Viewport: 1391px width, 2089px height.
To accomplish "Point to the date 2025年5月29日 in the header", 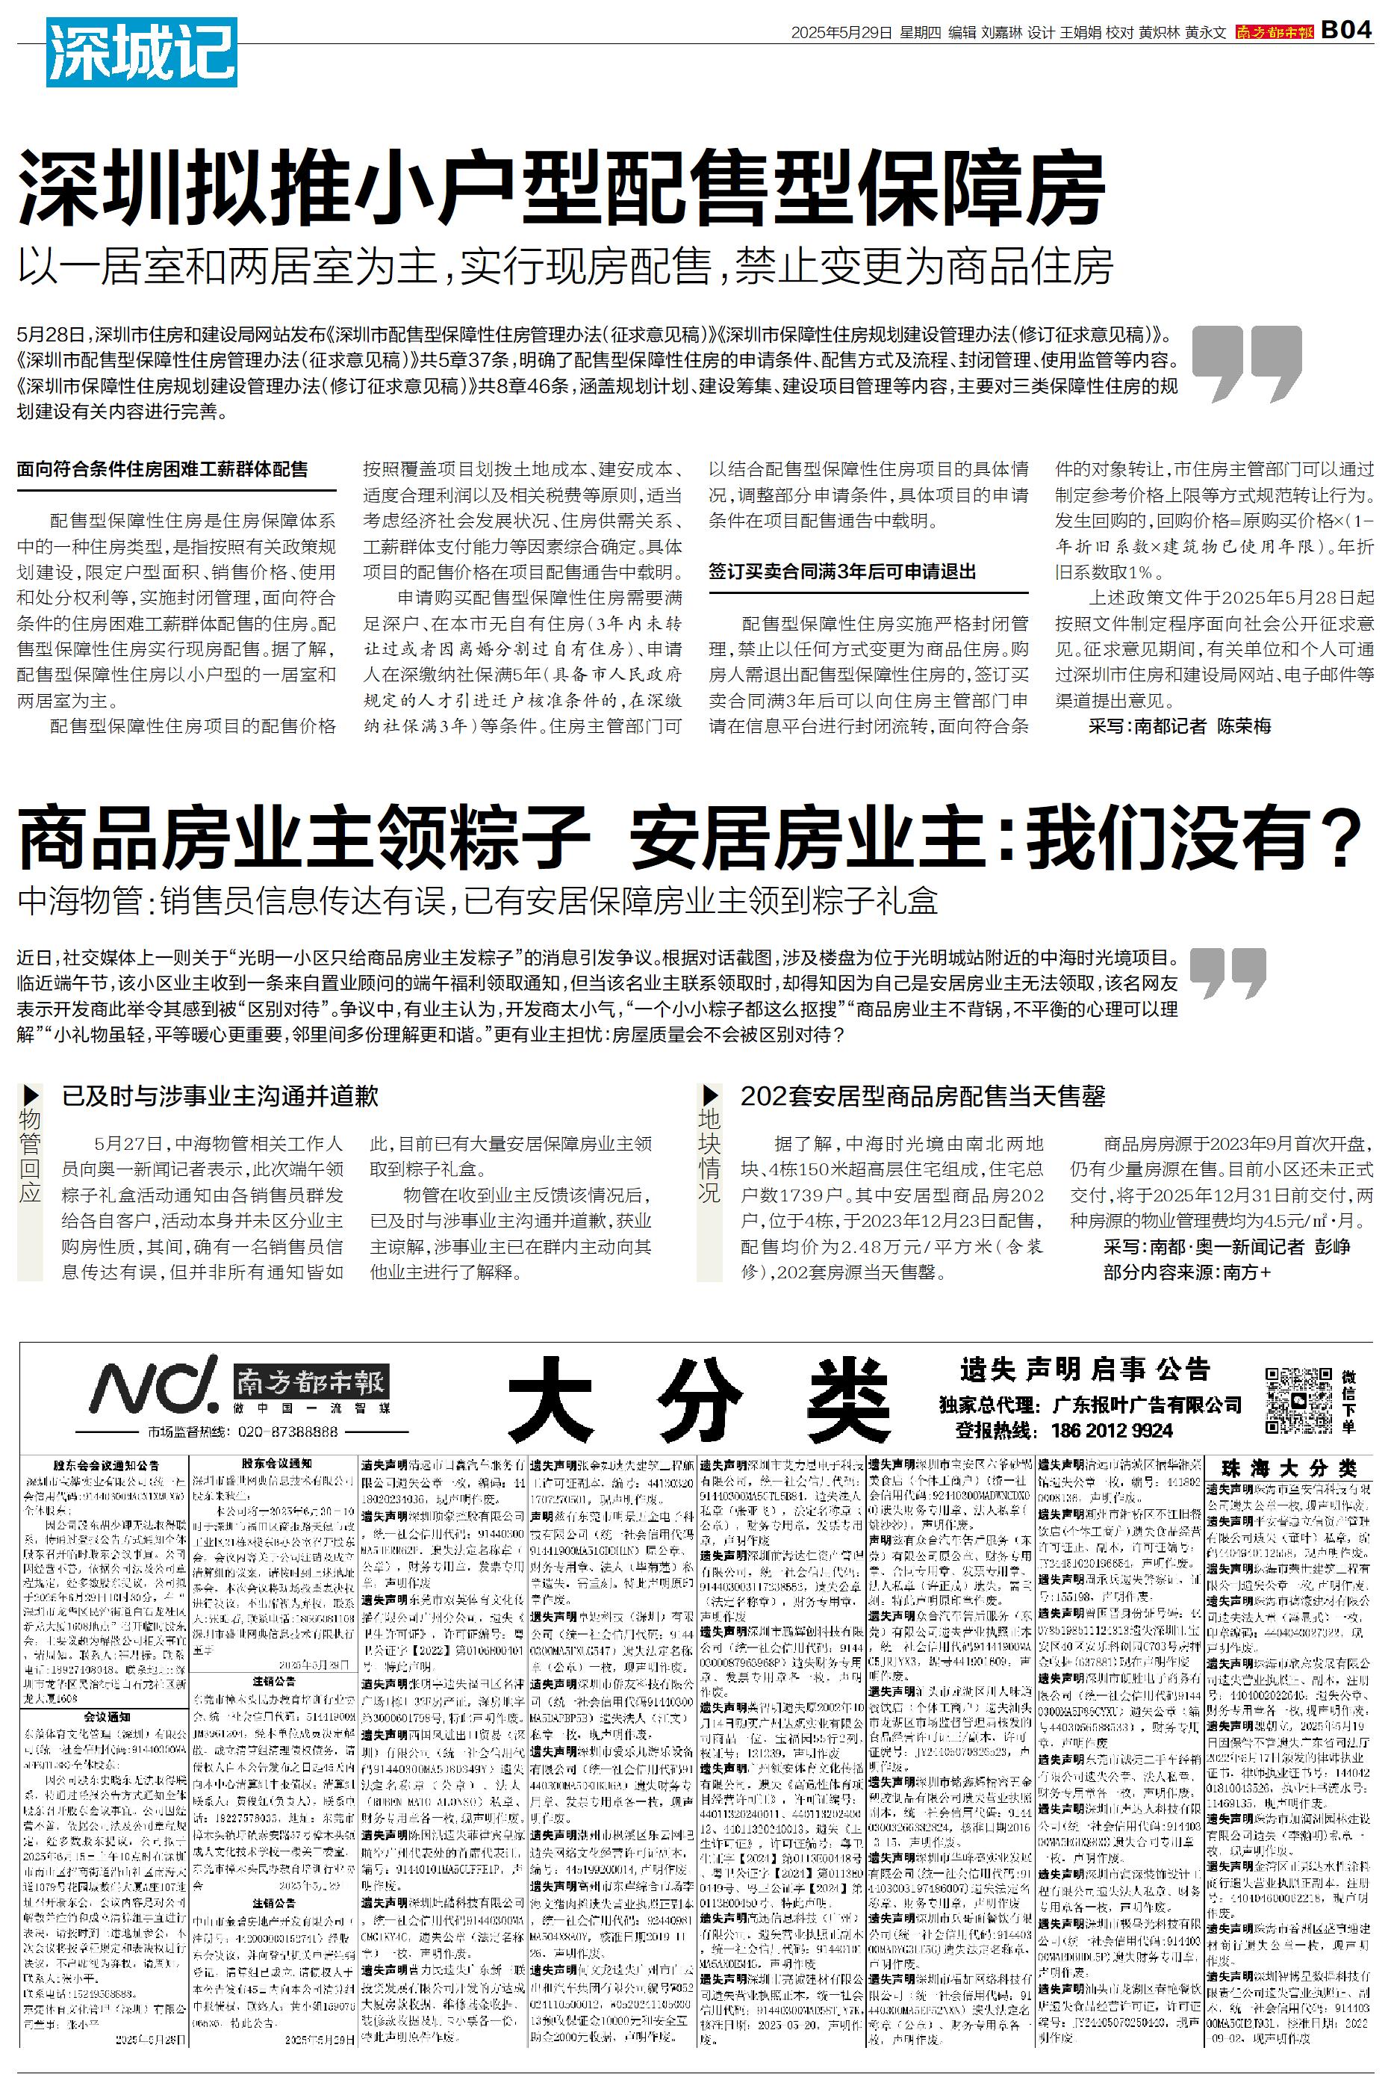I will tap(841, 33).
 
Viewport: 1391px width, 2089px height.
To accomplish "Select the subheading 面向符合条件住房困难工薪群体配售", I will tap(162, 469).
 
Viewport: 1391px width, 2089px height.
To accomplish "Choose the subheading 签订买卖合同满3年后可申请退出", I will tap(842, 572).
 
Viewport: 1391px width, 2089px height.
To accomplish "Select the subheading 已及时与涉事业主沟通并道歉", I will tap(220, 1096).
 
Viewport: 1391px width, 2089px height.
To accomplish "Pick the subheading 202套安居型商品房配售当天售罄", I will tap(923, 1096).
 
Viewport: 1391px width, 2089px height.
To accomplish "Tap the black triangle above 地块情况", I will tap(710, 1095).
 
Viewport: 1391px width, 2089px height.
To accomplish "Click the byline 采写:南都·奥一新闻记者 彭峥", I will tap(1227, 1247).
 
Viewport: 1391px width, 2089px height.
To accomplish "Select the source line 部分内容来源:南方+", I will tap(1187, 1272).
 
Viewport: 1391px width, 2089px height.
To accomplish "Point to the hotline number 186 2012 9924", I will tap(1112, 1429).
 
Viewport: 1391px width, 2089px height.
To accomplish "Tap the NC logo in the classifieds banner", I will tap(155, 1384).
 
